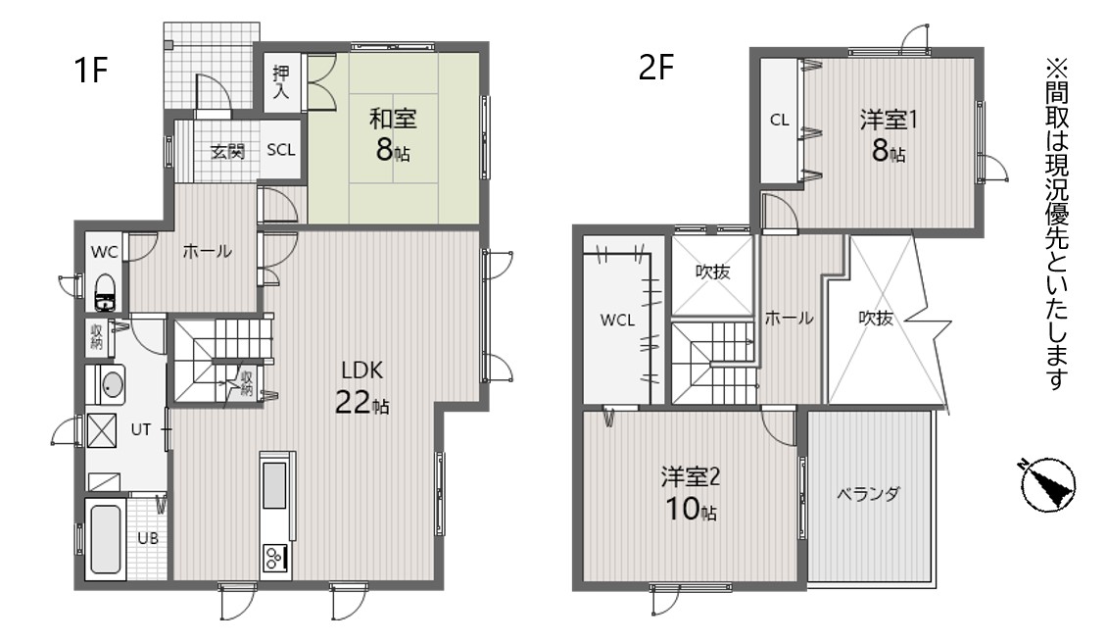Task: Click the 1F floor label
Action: pos(90,70)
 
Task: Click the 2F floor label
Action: pos(656,69)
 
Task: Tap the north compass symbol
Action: pos(1048,484)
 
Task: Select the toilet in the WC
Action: pos(106,292)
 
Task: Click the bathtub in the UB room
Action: pos(105,538)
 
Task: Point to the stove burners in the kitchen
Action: pos(275,559)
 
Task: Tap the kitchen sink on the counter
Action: pos(274,485)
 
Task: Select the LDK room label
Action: pos(361,370)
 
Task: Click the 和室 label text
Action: pos(393,118)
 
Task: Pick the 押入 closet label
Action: pos(281,81)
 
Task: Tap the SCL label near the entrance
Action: pos(281,150)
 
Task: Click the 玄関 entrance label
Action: pos(227,151)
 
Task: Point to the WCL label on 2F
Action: pos(618,321)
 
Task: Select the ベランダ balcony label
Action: pos(868,494)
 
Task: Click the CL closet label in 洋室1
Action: pos(780,121)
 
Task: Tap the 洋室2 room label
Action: pos(691,477)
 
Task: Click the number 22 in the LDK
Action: pos(353,402)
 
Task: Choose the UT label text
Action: pos(140,429)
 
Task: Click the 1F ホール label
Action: pos(207,251)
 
